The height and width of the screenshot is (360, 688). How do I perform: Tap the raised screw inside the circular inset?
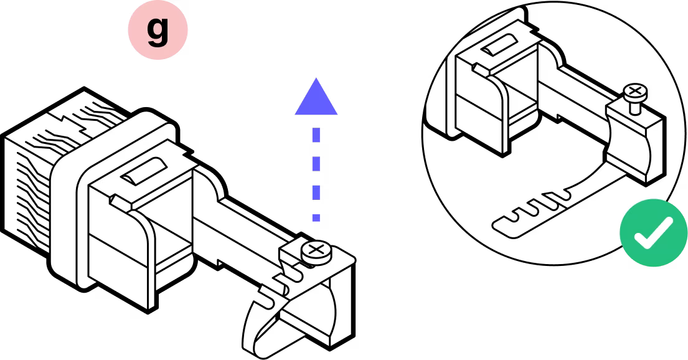[x=635, y=93]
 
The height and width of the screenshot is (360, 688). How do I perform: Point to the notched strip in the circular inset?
[x=535, y=209]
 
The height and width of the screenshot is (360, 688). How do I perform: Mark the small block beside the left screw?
[x=290, y=252]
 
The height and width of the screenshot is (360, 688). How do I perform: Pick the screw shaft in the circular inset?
[x=634, y=107]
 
